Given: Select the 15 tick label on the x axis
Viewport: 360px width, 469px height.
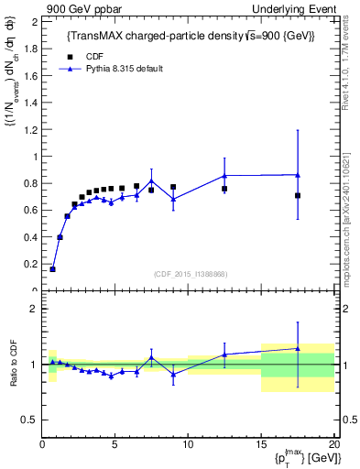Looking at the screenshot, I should tap(261, 444).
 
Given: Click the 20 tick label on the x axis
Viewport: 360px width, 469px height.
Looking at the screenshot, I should tap(333, 444).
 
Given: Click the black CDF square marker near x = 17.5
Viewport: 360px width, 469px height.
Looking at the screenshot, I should tap(298, 195).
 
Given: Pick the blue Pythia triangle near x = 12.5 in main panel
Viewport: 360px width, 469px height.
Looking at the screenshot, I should tap(224, 175).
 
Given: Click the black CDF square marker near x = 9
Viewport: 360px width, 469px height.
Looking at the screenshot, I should tap(173, 187).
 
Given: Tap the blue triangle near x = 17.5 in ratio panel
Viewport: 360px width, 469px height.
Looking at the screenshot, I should tap(298, 348).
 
